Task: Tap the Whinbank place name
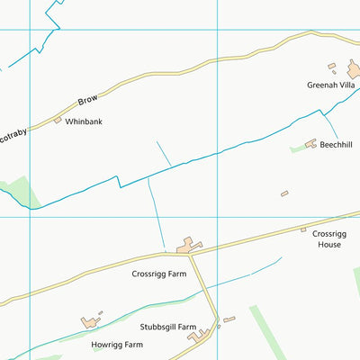tap(84, 121)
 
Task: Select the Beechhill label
tap(336, 143)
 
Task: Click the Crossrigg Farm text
tap(158, 274)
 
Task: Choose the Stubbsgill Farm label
tap(168, 327)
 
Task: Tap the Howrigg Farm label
tap(117, 344)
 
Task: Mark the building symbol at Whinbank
tap(58, 120)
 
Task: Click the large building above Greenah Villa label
tap(354, 68)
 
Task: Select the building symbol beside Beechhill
tap(311, 143)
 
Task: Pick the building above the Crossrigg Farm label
tap(188, 245)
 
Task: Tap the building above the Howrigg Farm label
tap(89, 321)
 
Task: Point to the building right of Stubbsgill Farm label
tap(200, 335)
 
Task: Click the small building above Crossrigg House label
tap(304, 230)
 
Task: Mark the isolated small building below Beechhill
tap(284, 193)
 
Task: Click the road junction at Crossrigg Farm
tap(192, 255)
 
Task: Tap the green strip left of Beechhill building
tap(297, 148)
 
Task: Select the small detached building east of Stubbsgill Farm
tap(229, 319)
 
